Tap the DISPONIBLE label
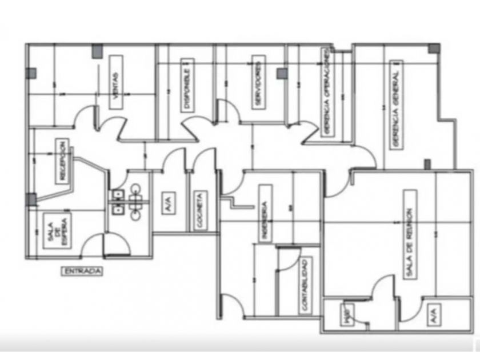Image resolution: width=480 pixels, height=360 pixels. click(x=187, y=85)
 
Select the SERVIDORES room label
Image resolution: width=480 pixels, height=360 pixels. click(x=258, y=83)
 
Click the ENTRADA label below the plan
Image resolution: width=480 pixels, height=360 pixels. click(x=81, y=272)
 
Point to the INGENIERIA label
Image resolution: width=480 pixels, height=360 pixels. click(x=264, y=205)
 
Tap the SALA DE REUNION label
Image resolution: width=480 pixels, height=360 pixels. click(x=410, y=235)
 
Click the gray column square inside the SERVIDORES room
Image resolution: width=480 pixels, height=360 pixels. click(x=282, y=73)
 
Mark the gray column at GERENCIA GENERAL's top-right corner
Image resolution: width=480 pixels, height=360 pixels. click(x=434, y=49)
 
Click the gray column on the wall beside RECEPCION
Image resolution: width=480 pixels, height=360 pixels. click(x=31, y=199)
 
